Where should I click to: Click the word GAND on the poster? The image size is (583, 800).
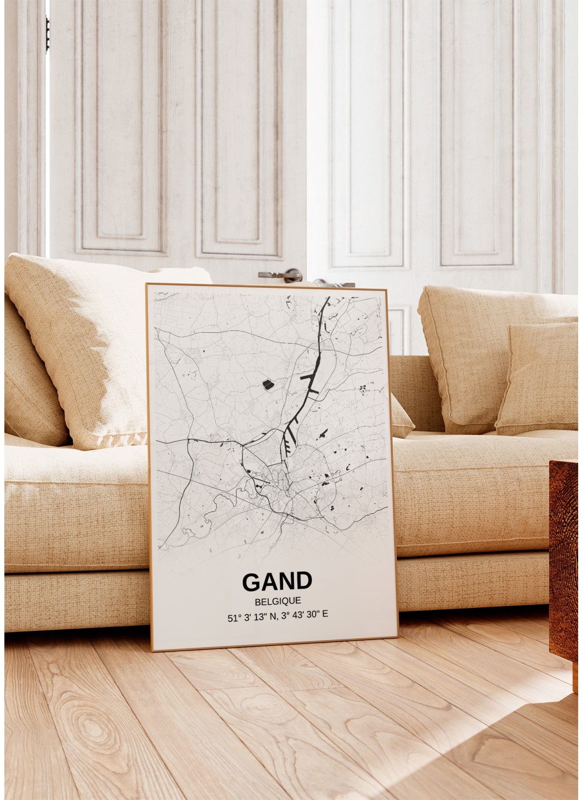pyautogui.click(x=277, y=581)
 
